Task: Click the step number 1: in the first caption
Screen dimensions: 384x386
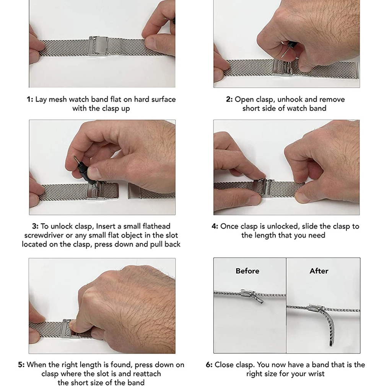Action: [30, 100]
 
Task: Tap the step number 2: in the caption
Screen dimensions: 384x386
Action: [229, 100]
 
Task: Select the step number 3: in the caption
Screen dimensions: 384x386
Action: [35, 226]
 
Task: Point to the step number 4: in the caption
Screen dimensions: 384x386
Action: [215, 226]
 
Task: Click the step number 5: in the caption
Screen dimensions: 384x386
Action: [21, 365]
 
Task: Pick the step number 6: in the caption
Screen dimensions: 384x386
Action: [209, 365]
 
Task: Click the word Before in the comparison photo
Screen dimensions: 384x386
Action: [247, 271]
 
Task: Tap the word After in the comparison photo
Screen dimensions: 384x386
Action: [319, 271]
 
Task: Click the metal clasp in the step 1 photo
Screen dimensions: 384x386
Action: [98, 46]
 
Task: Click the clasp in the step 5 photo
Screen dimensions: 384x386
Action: [67, 329]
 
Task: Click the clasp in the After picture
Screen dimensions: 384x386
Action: [316, 308]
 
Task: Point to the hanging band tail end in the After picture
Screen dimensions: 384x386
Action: [331, 343]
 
